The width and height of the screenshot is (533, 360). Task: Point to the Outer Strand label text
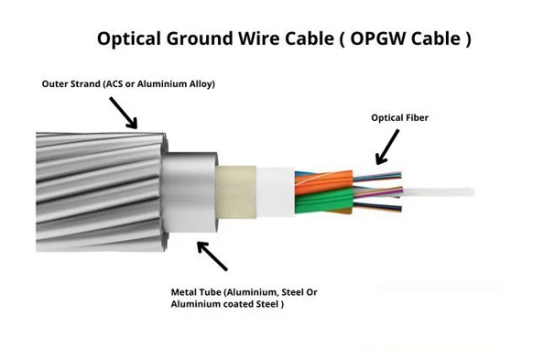(128, 84)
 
